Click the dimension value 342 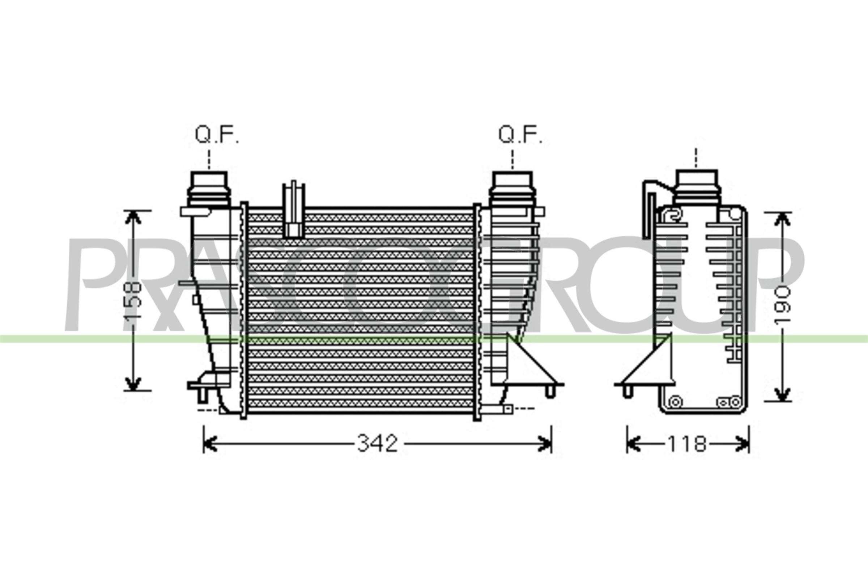pos(377,444)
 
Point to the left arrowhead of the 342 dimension pos(210,444)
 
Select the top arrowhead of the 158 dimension pos(133,218)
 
